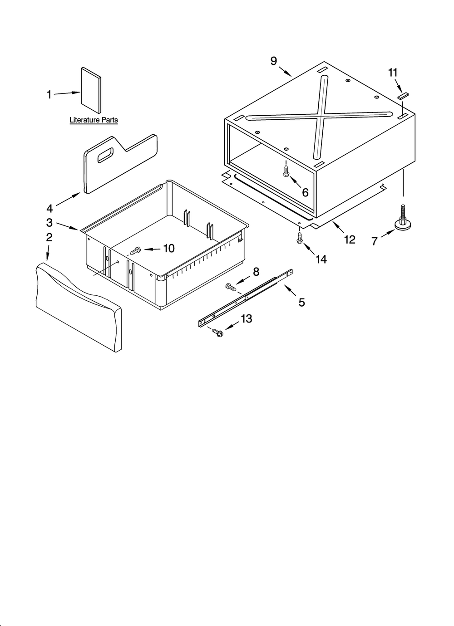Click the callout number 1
[x=49, y=94]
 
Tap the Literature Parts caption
[x=94, y=120]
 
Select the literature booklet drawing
[x=91, y=89]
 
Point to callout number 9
[x=274, y=61]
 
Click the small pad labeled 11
[x=403, y=96]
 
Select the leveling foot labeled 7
[x=403, y=220]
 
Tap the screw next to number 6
[x=286, y=171]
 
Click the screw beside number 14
[x=299, y=238]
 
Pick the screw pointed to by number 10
[x=135, y=249]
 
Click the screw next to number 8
[x=231, y=287]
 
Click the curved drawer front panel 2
[x=78, y=307]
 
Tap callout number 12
[x=350, y=240]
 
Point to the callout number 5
[x=301, y=302]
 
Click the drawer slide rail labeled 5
[x=245, y=298]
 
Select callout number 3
[x=49, y=222]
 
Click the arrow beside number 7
[x=387, y=234]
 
